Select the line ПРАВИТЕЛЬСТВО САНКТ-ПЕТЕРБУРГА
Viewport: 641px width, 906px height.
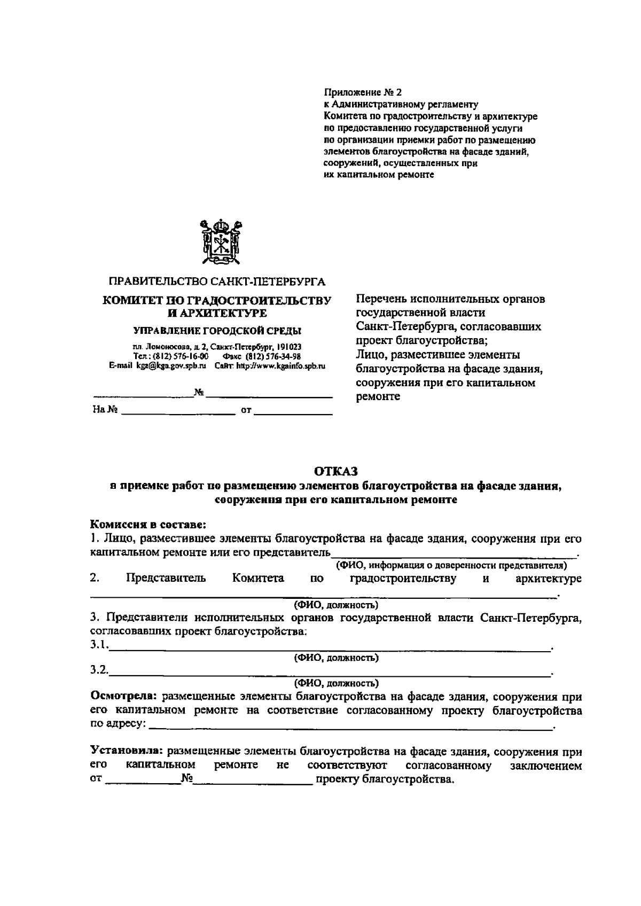[217, 282]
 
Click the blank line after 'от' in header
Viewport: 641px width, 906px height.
[293, 412]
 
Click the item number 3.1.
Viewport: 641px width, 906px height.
[99, 645]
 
